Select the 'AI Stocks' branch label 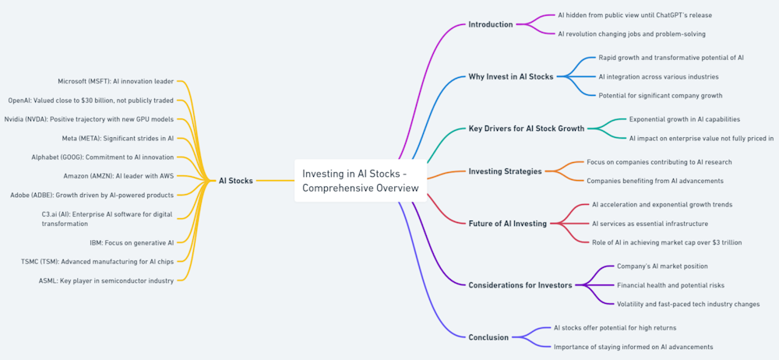[x=235, y=181]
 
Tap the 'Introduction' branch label [x=490, y=24]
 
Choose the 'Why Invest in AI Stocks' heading [x=510, y=77]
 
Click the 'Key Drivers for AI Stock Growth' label [x=526, y=129]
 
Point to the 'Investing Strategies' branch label [x=505, y=171]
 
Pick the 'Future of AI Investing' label [x=507, y=224]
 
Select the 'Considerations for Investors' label [x=520, y=285]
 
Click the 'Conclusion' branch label [x=488, y=337]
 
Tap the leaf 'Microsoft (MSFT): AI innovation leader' [x=116, y=81]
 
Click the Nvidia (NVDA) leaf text [x=90, y=119]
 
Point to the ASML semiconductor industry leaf [x=107, y=280]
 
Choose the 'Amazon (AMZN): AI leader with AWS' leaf [x=118, y=175]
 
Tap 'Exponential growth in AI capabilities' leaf [x=685, y=119]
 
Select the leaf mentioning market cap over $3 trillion [x=667, y=242]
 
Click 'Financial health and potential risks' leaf [x=671, y=285]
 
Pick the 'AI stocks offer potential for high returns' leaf [x=615, y=328]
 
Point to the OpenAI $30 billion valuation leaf [x=91, y=100]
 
